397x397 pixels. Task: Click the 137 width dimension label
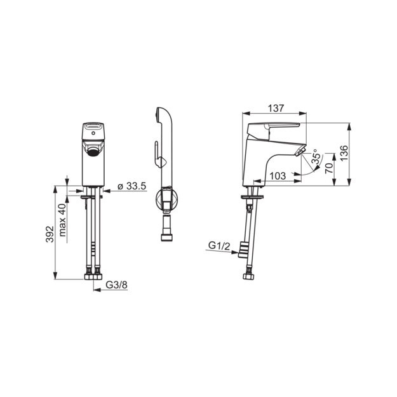(x=276, y=109)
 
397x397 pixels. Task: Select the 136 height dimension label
(x=344, y=153)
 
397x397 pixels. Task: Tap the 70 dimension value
(x=329, y=168)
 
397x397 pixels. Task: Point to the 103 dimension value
(x=278, y=176)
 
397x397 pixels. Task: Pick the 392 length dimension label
(x=50, y=234)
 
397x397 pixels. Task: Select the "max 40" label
(x=62, y=220)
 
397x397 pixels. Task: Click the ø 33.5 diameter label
(x=132, y=186)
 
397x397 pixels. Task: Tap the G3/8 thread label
(x=116, y=285)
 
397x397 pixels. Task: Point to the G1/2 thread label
(x=219, y=245)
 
